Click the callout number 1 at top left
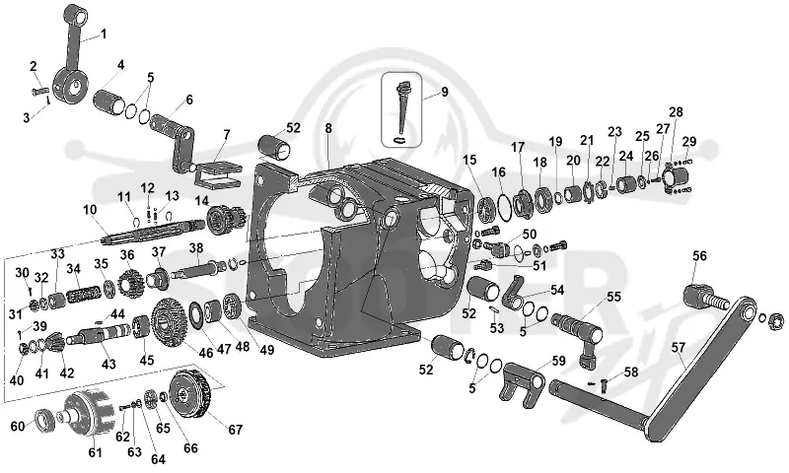104,34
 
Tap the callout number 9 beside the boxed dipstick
445,92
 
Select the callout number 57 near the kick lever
679,347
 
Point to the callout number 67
236,430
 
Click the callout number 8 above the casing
328,128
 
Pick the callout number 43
108,364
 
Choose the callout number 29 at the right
689,142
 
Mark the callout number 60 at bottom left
18,427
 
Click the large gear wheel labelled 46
169,321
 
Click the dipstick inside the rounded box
402,111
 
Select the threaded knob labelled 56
704,297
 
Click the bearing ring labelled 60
46,421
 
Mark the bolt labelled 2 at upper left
38,92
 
